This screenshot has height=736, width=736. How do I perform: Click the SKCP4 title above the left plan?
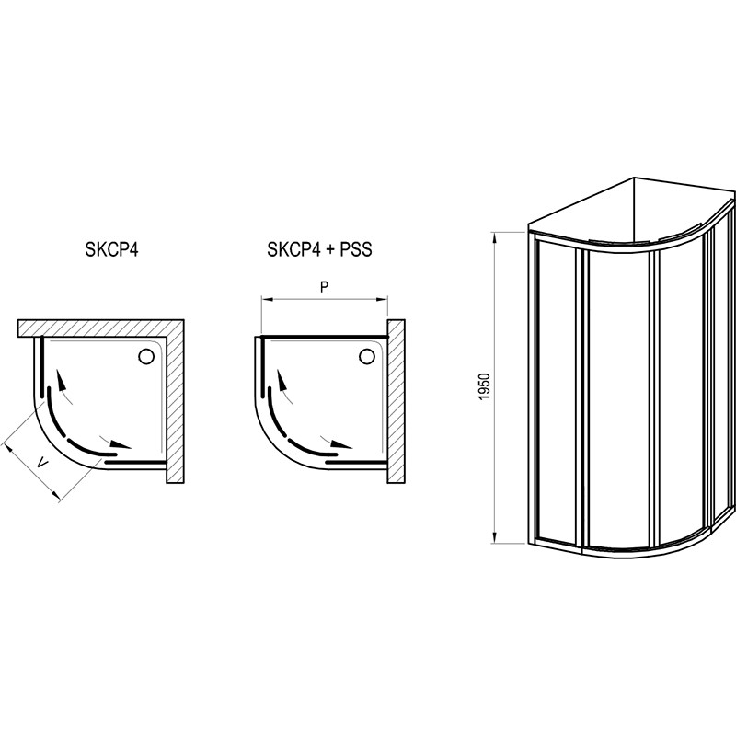pyautogui.click(x=111, y=249)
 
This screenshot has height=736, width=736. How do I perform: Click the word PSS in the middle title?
pyautogui.click(x=356, y=249)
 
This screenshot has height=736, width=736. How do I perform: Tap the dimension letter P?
pyautogui.click(x=324, y=287)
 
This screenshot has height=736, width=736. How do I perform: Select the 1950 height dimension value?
pyautogui.click(x=485, y=386)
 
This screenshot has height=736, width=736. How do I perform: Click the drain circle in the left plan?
pyautogui.click(x=146, y=356)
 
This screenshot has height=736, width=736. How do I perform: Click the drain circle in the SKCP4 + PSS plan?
pyautogui.click(x=367, y=356)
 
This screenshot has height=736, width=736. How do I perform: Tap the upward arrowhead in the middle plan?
pyautogui.click(x=282, y=379)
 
